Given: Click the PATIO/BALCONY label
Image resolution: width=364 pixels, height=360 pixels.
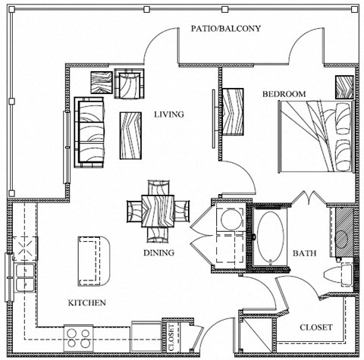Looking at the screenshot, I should click(225, 29).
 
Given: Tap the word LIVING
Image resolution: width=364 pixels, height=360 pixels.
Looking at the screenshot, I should click(170, 115).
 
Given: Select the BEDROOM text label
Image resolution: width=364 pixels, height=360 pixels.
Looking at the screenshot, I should click(284, 94).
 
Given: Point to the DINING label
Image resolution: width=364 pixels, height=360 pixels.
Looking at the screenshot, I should click(158, 253).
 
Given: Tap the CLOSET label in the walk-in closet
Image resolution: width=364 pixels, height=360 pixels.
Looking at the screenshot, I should click(315, 327).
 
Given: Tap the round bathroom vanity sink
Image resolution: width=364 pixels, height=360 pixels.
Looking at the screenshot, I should click(341, 237).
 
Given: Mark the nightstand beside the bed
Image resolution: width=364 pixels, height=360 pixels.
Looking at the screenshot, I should click(344, 86).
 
